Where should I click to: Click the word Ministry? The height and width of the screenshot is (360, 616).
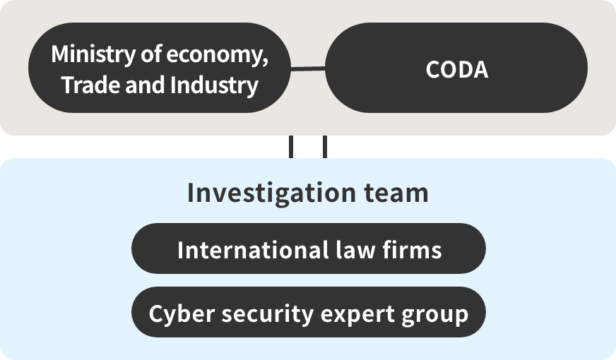93,54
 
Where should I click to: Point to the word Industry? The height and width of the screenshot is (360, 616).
214,85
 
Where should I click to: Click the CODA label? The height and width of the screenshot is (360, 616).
457,70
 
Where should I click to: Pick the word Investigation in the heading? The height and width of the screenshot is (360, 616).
271,193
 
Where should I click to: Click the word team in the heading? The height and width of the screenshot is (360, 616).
396,193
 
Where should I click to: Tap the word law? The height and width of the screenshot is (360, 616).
356,250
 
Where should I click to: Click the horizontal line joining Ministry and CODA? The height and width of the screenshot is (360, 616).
308,68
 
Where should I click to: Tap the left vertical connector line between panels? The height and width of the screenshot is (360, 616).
291,147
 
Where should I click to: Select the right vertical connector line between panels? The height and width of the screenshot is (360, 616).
324,147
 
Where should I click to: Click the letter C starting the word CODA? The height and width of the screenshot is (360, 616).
432,70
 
